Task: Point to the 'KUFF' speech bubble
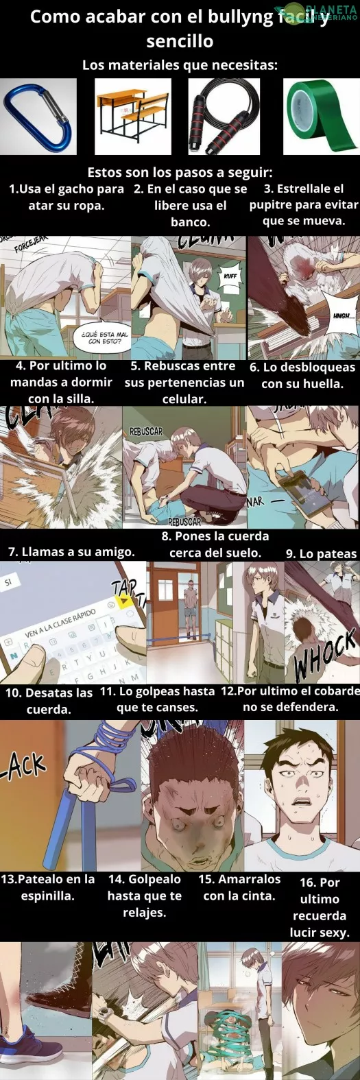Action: [x=230, y=276]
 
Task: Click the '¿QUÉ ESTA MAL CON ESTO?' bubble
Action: [x=104, y=337]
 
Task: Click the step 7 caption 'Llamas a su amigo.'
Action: [x=71, y=552]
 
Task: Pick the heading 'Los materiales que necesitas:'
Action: [x=180, y=65]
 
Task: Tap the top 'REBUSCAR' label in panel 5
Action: [x=145, y=431]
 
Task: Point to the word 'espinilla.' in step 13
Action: [x=47, y=896]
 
